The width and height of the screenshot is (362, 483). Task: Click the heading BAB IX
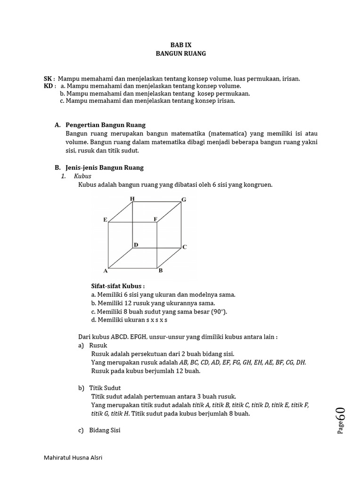[x=181, y=45]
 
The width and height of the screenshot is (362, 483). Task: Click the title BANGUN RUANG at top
[x=181, y=54]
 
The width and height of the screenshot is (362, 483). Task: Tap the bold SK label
[x=48, y=79]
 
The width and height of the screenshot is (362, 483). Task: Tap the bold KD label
[x=49, y=86]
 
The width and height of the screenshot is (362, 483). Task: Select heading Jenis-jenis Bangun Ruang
[x=105, y=167]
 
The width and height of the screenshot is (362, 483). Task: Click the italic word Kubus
[x=82, y=176]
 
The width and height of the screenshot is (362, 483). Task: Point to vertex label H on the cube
[x=132, y=199]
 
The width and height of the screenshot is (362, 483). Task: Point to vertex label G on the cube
[x=184, y=200]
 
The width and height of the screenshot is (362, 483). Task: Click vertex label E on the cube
[x=105, y=220]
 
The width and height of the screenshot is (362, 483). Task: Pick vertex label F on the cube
[x=155, y=219]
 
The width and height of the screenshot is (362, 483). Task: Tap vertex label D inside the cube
[x=136, y=245]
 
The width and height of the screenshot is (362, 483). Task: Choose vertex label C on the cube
[x=185, y=247]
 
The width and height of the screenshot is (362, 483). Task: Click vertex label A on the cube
[x=106, y=271]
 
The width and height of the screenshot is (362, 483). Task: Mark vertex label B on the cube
[x=160, y=271]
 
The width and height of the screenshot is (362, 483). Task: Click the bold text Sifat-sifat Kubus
[x=117, y=286]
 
